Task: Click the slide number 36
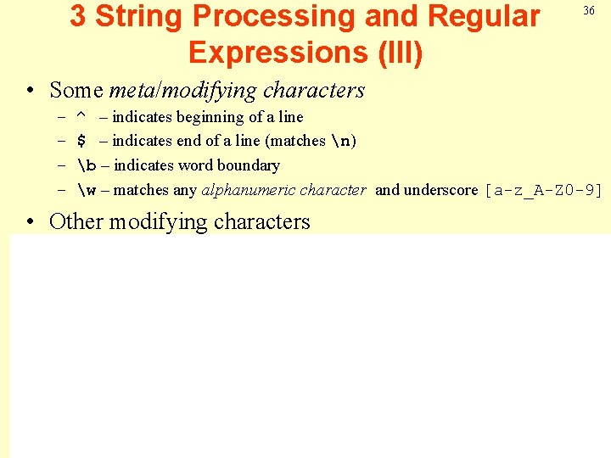click(588, 10)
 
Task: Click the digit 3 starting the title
click(78, 16)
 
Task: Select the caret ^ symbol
click(81, 117)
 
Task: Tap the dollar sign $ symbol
click(81, 141)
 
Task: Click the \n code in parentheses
click(340, 141)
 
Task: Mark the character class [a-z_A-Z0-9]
click(543, 190)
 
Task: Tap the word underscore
click(440, 190)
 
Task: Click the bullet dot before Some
click(31, 91)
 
